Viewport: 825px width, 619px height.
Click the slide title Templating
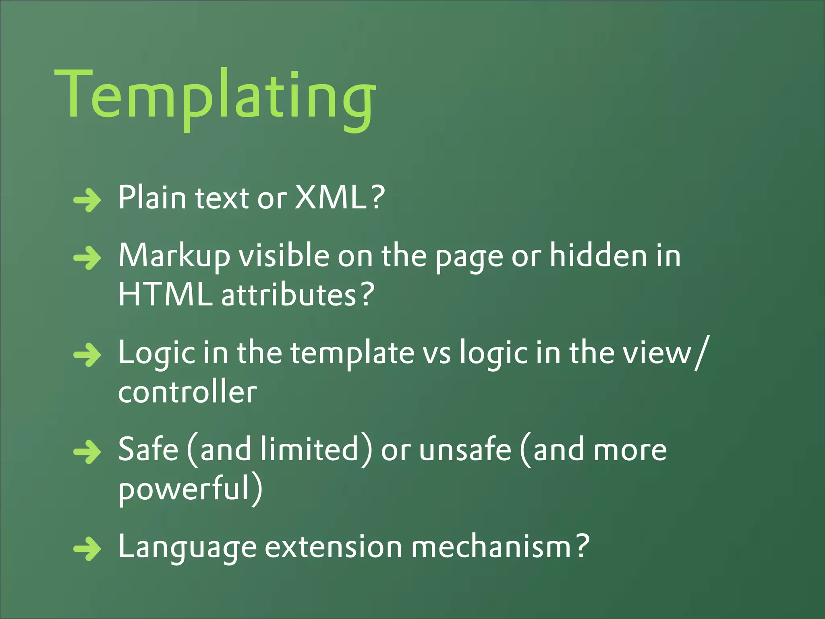point(216,97)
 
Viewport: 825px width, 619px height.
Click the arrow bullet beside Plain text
point(87,199)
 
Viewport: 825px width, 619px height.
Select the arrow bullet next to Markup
point(87,257)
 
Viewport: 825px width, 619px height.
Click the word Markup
point(174,256)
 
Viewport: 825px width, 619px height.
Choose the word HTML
point(165,295)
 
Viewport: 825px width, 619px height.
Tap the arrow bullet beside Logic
point(87,355)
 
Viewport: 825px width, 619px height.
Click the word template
point(352,353)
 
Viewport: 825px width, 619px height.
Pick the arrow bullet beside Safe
point(87,452)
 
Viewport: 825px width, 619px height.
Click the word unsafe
point(465,450)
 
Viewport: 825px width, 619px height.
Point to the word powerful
point(185,489)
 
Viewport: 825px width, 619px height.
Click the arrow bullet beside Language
point(87,548)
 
